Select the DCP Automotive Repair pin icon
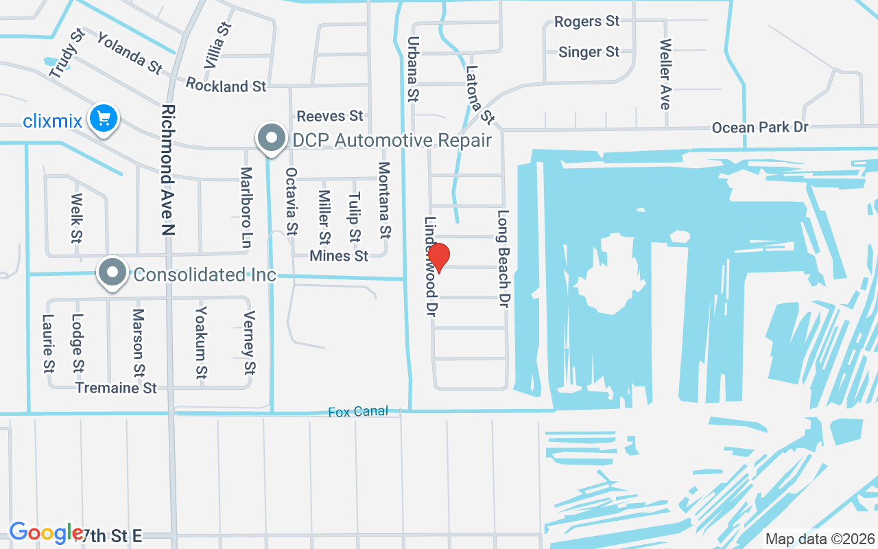click(x=272, y=139)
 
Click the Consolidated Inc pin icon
click(x=113, y=273)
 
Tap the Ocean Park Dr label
click(x=759, y=128)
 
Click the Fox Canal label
click(x=357, y=412)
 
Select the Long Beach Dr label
click(x=504, y=258)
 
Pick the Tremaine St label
click(x=117, y=388)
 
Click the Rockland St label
click(x=226, y=86)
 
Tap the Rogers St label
click(x=586, y=22)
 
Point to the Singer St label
click(x=589, y=52)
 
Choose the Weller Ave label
click(x=665, y=73)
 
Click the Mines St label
click(x=339, y=256)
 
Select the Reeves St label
click(x=329, y=116)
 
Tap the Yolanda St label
click(x=130, y=53)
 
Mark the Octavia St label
click(x=292, y=201)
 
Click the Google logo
click(x=45, y=533)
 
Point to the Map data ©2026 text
click(x=820, y=539)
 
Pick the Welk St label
click(x=76, y=218)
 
